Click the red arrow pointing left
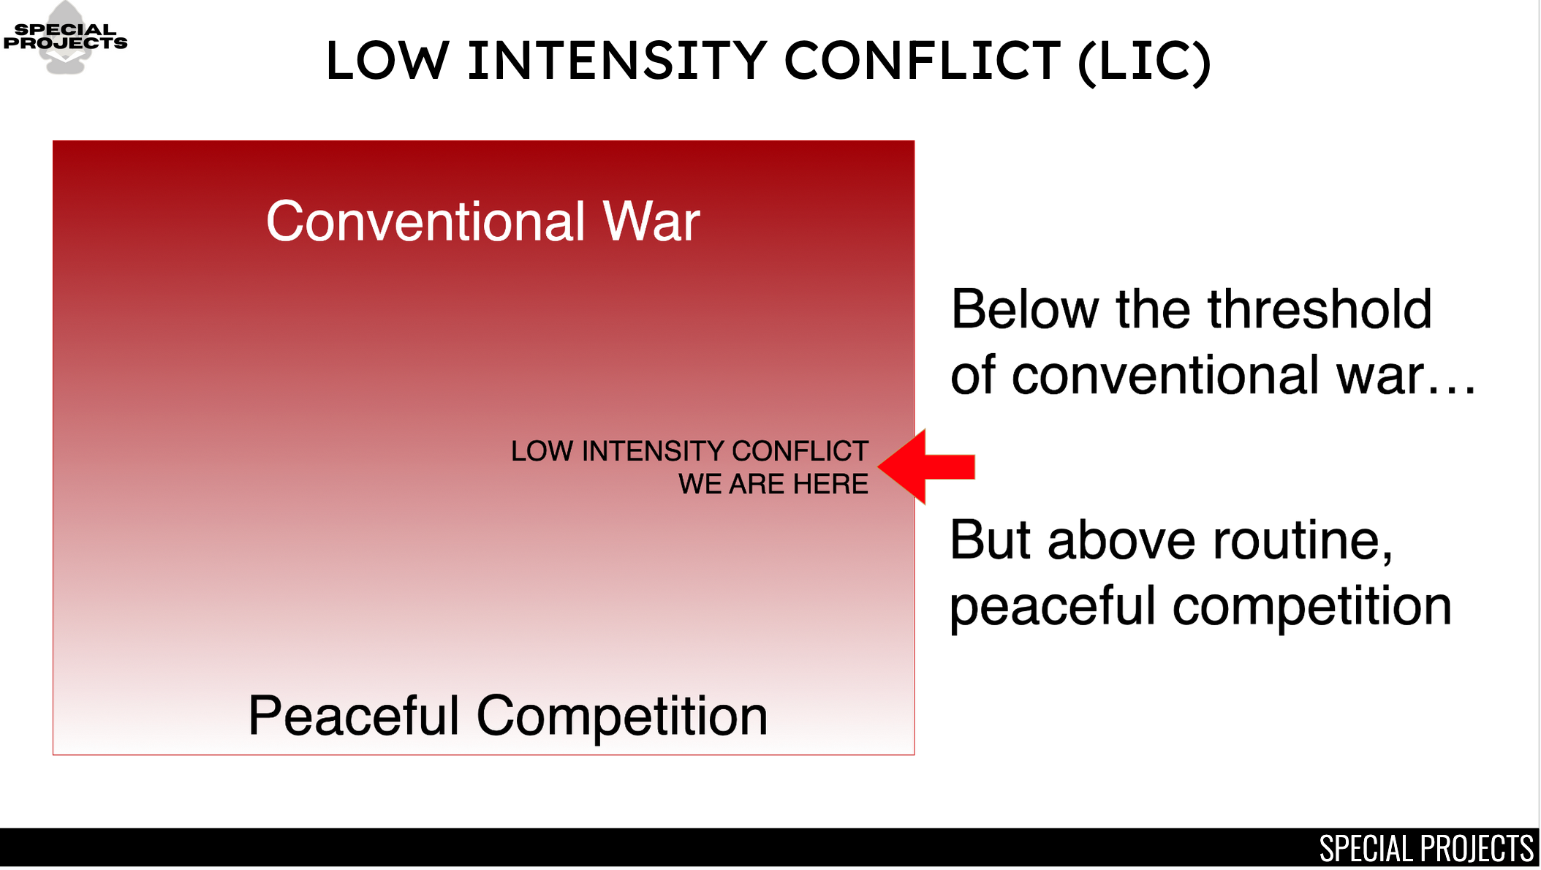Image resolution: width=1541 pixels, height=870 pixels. point(925,466)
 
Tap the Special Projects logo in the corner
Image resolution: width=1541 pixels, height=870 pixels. point(66,37)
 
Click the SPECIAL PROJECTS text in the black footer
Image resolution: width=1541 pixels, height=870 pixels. point(1426,848)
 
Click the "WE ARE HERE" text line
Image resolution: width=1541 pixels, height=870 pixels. point(773,484)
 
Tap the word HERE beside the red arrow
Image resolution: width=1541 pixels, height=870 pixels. point(831,484)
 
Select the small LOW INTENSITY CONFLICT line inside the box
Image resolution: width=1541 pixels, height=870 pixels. point(689,451)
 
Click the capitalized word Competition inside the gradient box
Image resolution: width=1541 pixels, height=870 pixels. point(622,716)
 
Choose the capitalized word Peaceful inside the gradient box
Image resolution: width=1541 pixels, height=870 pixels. point(354,715)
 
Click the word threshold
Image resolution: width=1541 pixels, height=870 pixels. point(1319,309)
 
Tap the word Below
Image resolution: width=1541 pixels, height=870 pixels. point(1025,309)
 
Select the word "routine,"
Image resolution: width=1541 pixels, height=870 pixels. point(1303,541)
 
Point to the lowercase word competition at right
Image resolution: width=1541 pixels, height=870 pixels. point(1312,607)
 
